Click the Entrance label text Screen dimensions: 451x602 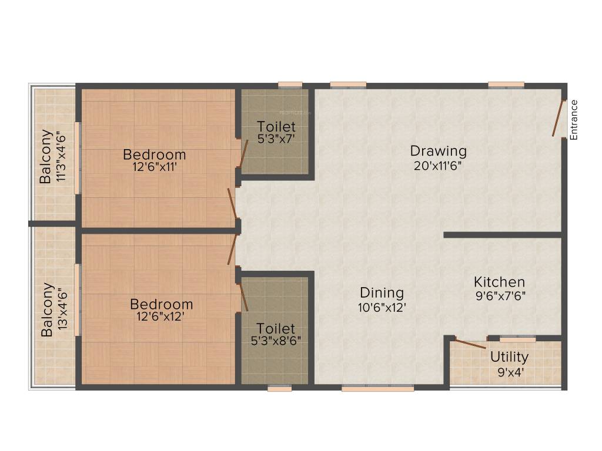574,120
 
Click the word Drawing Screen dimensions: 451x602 438,151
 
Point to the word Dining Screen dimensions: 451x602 382,292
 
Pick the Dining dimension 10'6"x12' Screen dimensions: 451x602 382,307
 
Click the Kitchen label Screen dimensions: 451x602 500,282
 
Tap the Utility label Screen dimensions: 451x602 510,356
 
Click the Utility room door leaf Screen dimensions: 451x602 470,344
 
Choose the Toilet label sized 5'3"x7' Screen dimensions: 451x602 276,126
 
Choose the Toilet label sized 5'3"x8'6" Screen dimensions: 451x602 276,329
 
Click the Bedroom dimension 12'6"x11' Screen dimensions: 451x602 155,167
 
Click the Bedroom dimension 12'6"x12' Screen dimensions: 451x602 162,318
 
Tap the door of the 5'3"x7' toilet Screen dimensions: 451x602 243,154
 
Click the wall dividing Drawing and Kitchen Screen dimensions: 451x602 503,235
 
